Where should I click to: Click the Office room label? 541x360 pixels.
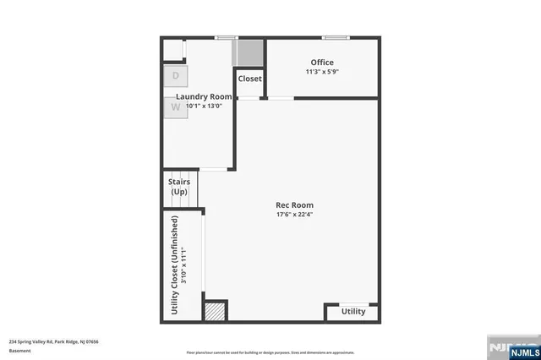pyautogui.click(x=322, y=63)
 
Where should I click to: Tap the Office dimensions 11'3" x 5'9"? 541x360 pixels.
pyautogui.click(x=322, y=73)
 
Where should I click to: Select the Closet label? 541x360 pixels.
pyautogui.click(x=249, y=79)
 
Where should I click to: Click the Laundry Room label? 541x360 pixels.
pyautogui.click(x=204, y=97)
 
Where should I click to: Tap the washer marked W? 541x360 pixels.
pyautogui.click(x=175, y=107)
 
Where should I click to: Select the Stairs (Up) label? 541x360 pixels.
pyautogui.click(x=179, y=187)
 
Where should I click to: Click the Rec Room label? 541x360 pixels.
pyautogui.click(x=295, y=205)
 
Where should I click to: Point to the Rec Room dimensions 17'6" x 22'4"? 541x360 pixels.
pyautogui.click(x=295, y=215)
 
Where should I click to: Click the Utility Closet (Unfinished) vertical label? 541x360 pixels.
pyautogui.click(x=175, y=265)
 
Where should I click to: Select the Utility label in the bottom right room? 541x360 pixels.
pyautogui.click(x=353, y=312)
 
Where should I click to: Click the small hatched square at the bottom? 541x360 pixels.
pyautogui.click(x=216, y=310)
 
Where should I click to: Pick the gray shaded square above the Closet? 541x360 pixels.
pyautogui.click(x=249, y=53)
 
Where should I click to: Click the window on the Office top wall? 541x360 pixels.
pyautogui.click(x=335, y=37)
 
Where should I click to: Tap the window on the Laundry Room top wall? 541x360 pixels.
pyautogui.click(x=225, y=37)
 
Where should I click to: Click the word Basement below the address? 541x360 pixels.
pyautogui.click(x=19, y=351)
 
